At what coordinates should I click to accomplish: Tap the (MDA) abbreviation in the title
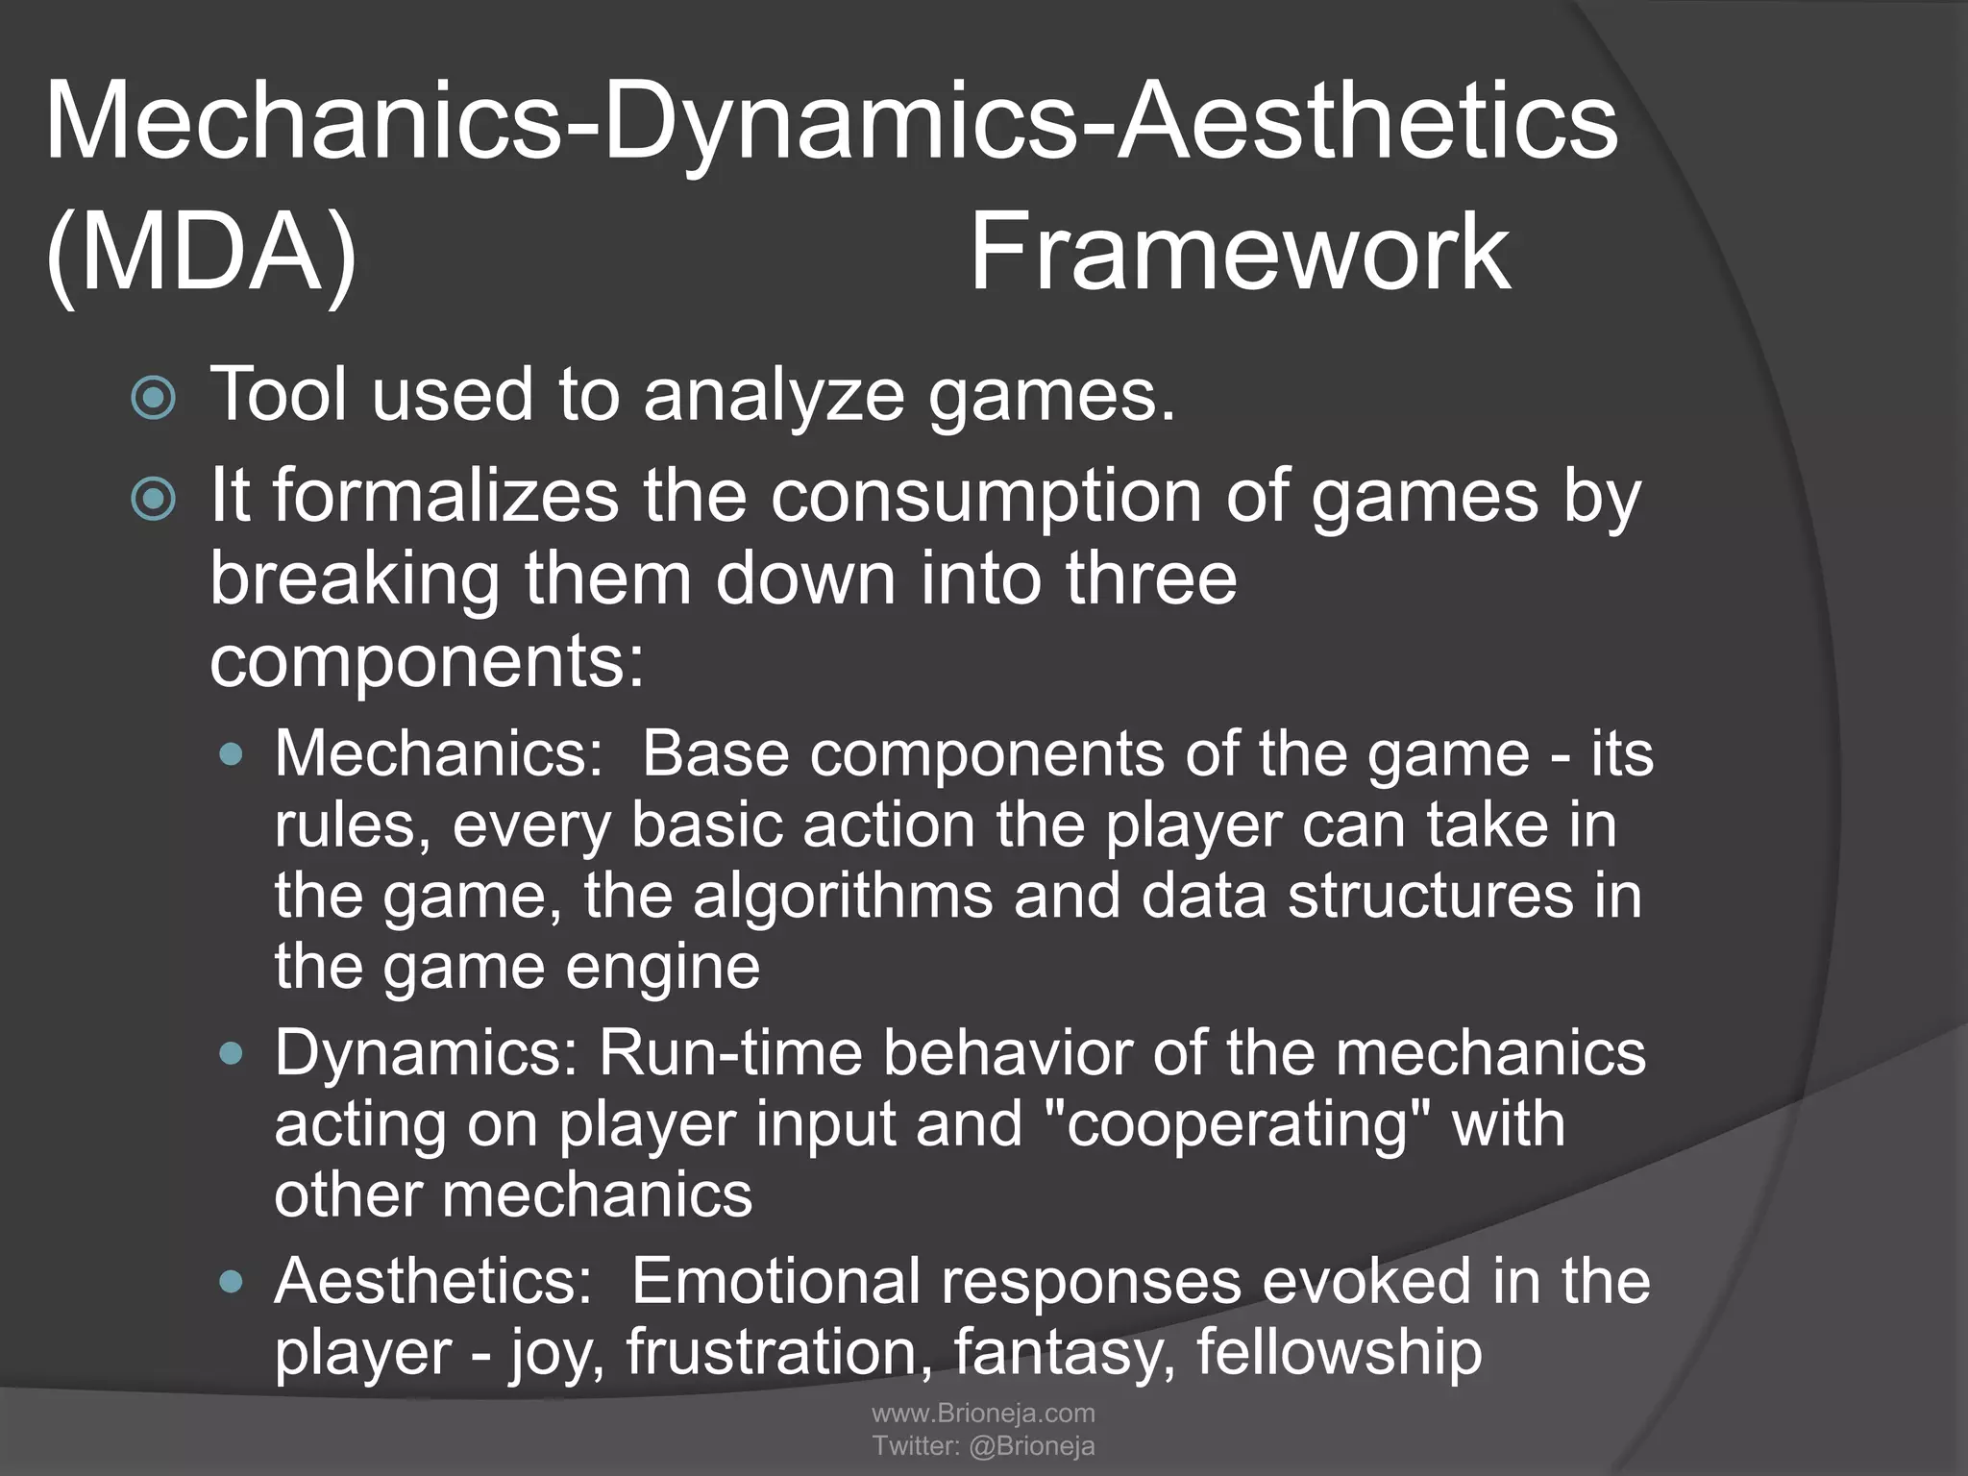201,254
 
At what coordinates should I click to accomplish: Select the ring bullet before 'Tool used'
154,398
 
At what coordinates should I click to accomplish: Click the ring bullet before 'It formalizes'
154,500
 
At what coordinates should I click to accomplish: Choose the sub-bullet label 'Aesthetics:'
433,1281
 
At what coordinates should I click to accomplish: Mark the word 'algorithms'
843,896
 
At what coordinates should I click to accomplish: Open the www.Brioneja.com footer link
983,1413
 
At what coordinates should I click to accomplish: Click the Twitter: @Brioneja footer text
983,1446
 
